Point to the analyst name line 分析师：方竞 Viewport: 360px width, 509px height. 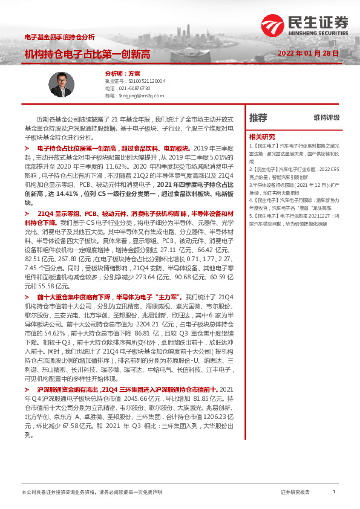pyautogui.click(x=114, y=73)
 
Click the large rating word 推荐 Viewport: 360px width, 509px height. pyautogui.click(x=258, y=117)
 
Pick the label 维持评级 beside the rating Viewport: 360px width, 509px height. pyautogui.click(x=327, y=117)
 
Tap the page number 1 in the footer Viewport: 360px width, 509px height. pyautogui.click(x=334, y=493)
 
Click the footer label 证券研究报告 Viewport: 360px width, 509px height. pyautogui.click(x=295, y=493)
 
